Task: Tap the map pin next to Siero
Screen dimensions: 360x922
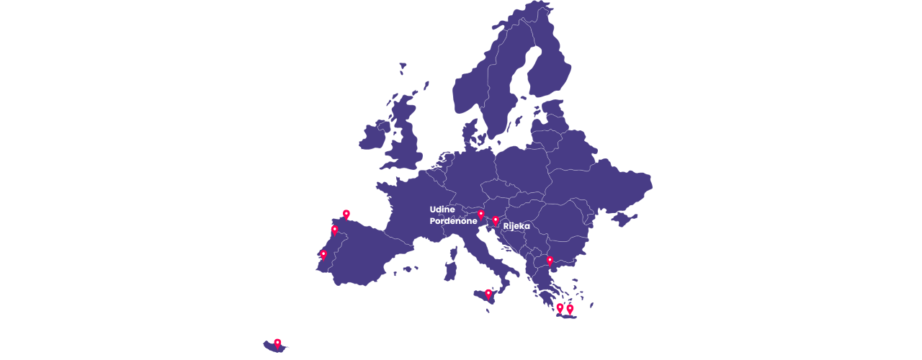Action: pyautogui.click(x=346, y=214)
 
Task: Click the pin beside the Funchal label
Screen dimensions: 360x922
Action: pyautogui.click(x=277, y=343)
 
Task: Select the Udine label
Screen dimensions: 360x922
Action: pyautogui.click(x=442, y=210)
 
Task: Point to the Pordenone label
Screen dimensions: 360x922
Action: pyautogui.click(x=453, y=221)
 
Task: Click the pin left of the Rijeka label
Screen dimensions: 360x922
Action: pyautogui.click(x=496, y=221)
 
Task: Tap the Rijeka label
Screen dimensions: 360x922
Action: pyautogui.click(x=516, y=226)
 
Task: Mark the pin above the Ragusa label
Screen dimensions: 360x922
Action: pyautogui.click(x=488, y=294)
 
